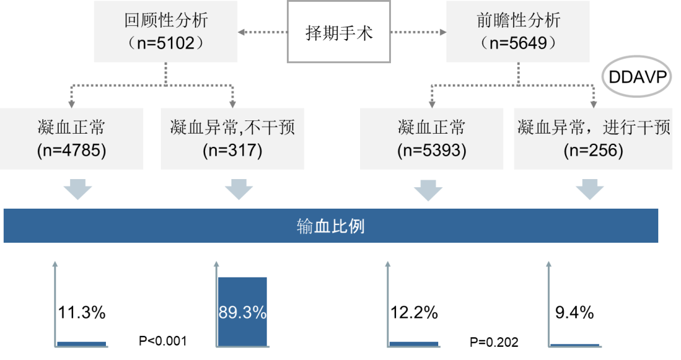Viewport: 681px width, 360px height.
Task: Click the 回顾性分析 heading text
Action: coord(166,20)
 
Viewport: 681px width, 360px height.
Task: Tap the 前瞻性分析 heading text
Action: coord(518,20)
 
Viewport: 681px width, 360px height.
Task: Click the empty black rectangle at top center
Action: coord(339,32)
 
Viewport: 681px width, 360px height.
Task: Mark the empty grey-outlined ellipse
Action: coord(636,76)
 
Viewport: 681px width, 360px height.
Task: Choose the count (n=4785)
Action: coord(71,151)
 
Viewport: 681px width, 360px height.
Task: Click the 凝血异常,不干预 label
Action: coord(232,128)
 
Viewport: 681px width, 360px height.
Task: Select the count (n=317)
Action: coord(232,151)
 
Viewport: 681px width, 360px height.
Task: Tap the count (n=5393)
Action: coord(431,151)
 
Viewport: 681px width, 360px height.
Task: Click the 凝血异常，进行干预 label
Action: coord(593,128)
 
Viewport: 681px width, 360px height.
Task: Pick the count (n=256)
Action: coord(593,151)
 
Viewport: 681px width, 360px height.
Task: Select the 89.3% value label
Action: coord(242,313)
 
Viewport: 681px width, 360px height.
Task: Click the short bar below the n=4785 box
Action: coord(81,344)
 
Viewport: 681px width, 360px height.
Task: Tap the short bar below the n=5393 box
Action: coord(414,344)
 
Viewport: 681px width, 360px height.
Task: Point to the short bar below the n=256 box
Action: coord(574,345)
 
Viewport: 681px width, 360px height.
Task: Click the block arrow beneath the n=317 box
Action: coord(238,190)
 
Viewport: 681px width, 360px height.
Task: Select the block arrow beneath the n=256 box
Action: coord(590,190)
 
